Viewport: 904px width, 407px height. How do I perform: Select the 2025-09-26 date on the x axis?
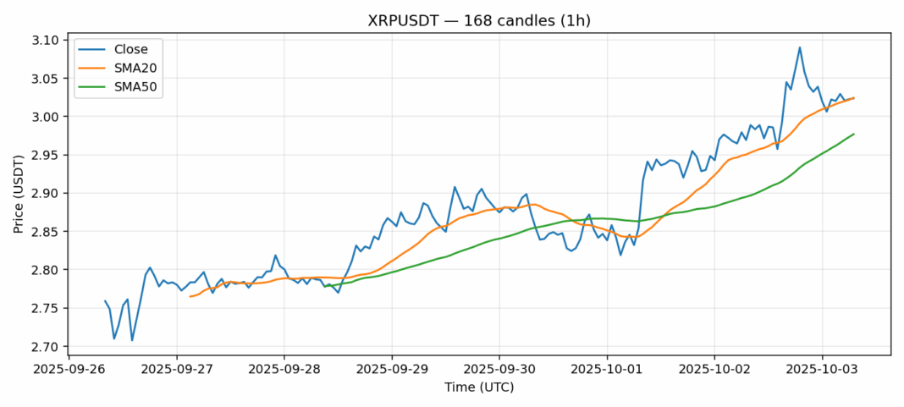[x=69, y=370]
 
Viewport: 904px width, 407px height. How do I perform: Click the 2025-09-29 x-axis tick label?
[x=391, y=370]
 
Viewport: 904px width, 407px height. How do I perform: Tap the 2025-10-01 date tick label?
[x=606, y=370]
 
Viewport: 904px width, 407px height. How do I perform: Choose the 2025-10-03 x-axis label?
[x=821, y=370]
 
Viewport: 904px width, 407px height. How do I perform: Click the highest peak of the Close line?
[x=799, y=47]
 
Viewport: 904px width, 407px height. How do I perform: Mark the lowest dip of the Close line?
[x=132, y=340]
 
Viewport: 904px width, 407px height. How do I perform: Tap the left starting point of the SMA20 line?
[x=190, y=296]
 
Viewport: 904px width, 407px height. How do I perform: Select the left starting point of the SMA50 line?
[x=324, y=286]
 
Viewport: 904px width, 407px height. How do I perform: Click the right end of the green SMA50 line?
[x=853, y=134]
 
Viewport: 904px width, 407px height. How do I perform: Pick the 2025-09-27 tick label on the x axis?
[x=177, y=370]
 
